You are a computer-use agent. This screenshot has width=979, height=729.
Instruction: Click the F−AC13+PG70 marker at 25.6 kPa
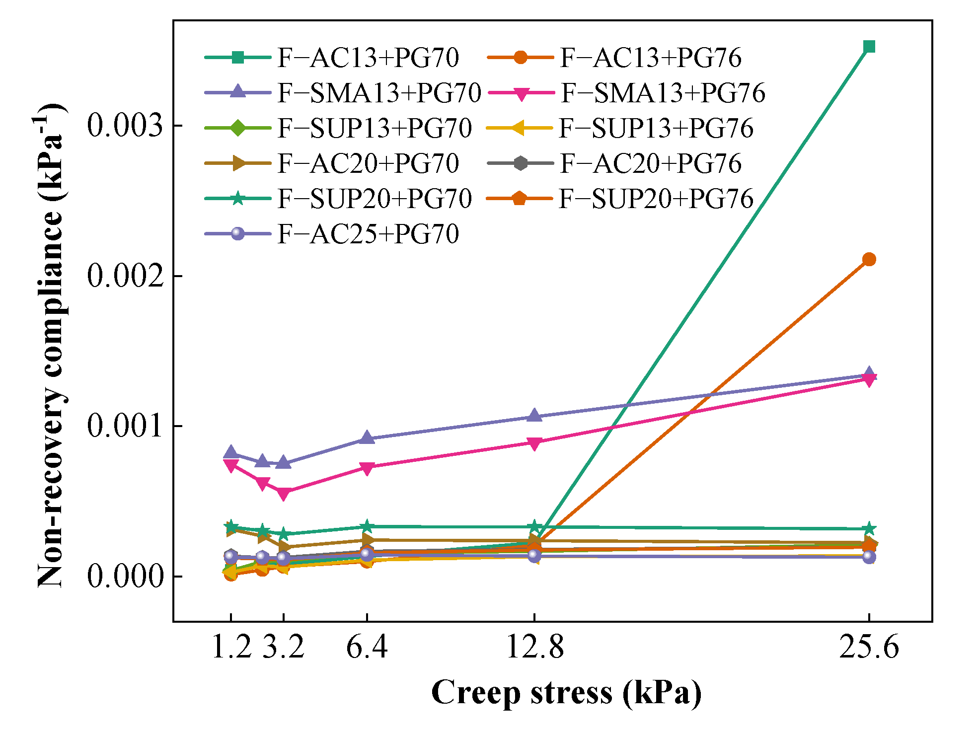coord(869,47)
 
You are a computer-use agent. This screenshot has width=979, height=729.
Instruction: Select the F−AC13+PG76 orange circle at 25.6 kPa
coord(869,259)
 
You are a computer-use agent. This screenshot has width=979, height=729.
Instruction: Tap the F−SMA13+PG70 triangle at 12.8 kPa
coord(534,416)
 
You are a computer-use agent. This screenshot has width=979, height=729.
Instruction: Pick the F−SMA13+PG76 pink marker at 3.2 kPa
coord(283,493)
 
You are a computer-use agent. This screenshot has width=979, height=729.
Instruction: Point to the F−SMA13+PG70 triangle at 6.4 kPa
coord(367,437)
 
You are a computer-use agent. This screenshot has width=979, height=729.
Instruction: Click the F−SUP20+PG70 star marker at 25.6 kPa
coord(869,529)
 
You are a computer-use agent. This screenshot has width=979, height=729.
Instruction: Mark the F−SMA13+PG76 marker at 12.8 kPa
coord(534,443)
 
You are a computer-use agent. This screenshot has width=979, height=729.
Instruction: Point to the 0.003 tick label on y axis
coord(125,125)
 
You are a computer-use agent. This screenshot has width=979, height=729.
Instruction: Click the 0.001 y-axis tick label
coord(125,426)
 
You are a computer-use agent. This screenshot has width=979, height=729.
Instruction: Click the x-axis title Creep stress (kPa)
coord(566,692)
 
